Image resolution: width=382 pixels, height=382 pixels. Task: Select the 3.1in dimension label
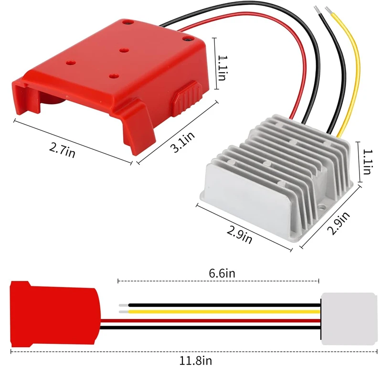pyautogui.click(x=184, y=142)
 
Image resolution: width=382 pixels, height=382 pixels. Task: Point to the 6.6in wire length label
pyautogui.click(x=222, y=274)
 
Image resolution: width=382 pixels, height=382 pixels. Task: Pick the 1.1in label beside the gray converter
pyautogui.click(x=367, y=161)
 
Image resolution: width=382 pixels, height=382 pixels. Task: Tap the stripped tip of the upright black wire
pyautogui.click(x=316, y=10)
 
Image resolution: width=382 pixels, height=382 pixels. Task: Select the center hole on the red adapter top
pyautogui.click(x=122, y=50)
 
